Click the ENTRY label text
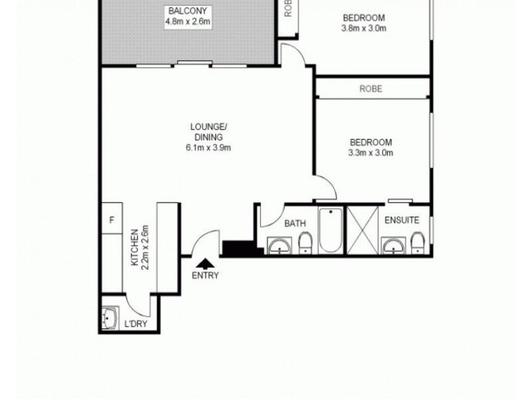[204, 275]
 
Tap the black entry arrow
[204, 264]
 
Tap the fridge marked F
[111, 220]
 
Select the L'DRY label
[135, 325]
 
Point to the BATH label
[295, 224]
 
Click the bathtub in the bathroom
[331, 231]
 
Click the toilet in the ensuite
[417, 243]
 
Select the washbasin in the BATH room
[280, 246]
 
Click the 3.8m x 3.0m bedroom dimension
[364, 29]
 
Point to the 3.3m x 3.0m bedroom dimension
[371, 153]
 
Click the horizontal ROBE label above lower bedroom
[371, 88]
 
